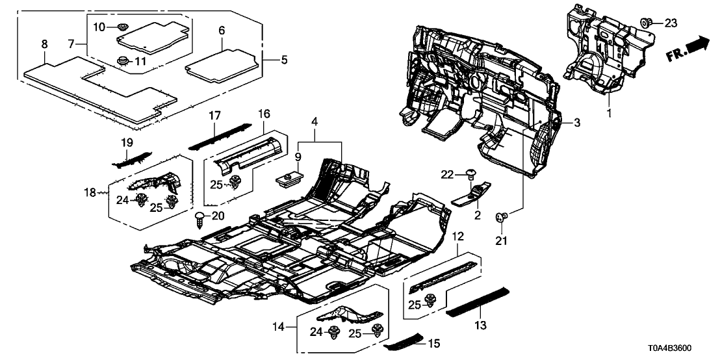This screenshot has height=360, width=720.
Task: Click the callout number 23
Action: [x=671, y=23]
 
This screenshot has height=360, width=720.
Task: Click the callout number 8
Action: [x=44, y=45]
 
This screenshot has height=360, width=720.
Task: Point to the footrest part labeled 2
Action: [x=469, y=195]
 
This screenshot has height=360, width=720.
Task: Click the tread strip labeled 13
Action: [x=476, y=301]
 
